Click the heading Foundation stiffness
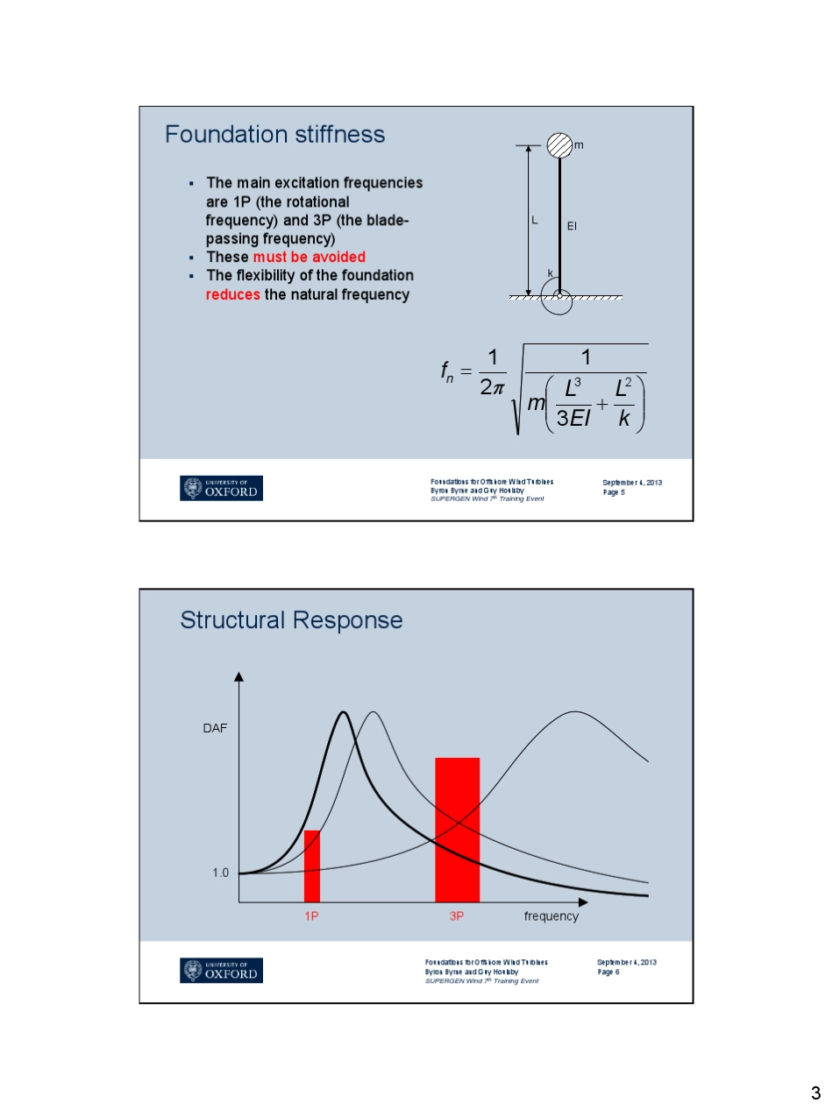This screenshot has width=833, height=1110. pyautogui.click(x=274, y=134)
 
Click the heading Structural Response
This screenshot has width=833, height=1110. pyautogui.click(x=291, y=620)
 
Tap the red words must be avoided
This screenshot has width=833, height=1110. pyautogui.click(x=309, y=258)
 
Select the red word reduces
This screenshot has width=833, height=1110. pyautogui.click(x=232, y=295)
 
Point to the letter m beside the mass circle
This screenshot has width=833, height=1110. pyautogui.click(x=579, y=144)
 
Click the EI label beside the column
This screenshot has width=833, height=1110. pyautogui.click(x=572, y=226)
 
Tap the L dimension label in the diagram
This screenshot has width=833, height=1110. pyautogui.click(x=535, y=221)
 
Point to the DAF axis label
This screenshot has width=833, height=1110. pyautogui.click(x=215, y=728)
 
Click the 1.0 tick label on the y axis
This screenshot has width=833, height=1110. pyautogui.click(x=220, y=873)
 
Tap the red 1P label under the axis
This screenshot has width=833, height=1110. pyautogui.click(x=311, y=916)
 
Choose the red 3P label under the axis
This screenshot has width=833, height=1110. pyautogui.click(x=456, y=916)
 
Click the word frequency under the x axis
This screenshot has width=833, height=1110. pyautogui.click(x=551, y=916)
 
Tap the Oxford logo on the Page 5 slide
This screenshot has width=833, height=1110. pyautogui.click(x=221, y=488)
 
